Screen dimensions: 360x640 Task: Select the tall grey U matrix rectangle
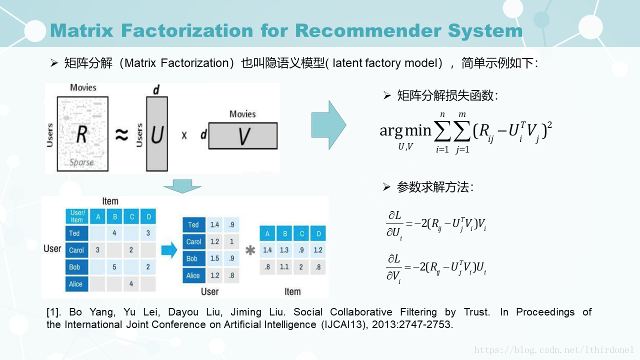tap(157, 133)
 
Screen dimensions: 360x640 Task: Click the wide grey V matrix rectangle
tap(243, 135)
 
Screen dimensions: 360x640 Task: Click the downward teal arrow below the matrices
tap(182, 187)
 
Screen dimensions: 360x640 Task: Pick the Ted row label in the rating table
tap(75, 233)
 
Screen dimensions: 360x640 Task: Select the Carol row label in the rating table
tap(76, 250)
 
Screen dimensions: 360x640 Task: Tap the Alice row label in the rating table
tap(76, 284)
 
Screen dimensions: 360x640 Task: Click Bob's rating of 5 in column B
tap(114, 267)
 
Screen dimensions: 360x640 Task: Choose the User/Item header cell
tap(77, 216)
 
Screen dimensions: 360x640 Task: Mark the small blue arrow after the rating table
tap(169, 250)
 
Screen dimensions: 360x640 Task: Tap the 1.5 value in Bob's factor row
tap(215, 258)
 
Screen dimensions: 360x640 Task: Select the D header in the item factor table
tap(318, 233)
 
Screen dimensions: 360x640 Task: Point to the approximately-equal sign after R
tap(122, 134)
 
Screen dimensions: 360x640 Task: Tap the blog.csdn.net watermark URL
tap(554, 350)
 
